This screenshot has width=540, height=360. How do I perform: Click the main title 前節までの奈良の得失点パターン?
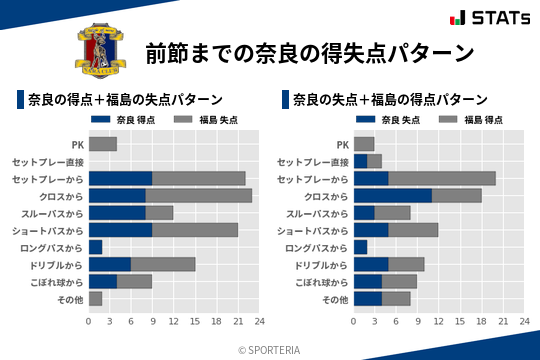pos(309,52)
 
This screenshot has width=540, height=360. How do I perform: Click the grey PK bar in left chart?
pos(102,144)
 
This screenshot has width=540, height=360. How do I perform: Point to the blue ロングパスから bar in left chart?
pos(95,246)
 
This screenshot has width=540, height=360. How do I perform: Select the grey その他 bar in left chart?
pos(95,298)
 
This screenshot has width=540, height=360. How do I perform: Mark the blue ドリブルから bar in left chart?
pos(109,264)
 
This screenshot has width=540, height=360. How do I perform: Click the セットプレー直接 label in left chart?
pos(49,161)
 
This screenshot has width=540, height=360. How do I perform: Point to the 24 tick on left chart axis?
pos(259,321)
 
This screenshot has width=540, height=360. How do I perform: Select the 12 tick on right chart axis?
pos(439,321)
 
